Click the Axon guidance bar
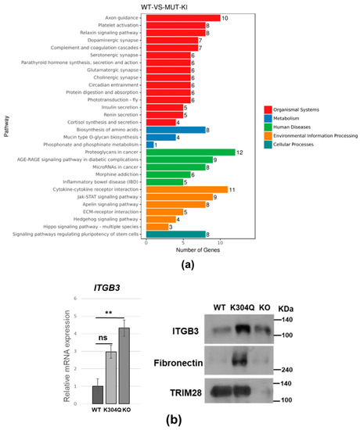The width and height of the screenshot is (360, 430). coord(182,16)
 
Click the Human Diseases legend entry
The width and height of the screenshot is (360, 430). coord(293,125)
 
